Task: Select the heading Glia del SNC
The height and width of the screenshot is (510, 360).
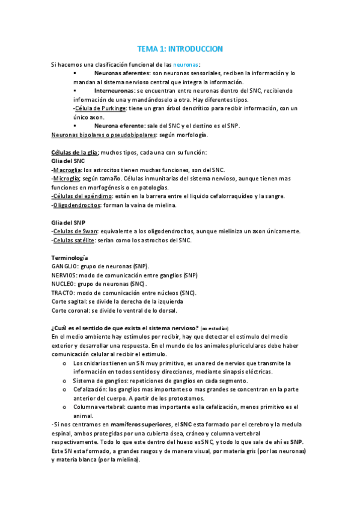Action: (69, 161)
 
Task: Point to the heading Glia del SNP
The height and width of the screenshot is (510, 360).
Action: (69, 223)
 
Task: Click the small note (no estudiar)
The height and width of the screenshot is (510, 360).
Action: (214, 328)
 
